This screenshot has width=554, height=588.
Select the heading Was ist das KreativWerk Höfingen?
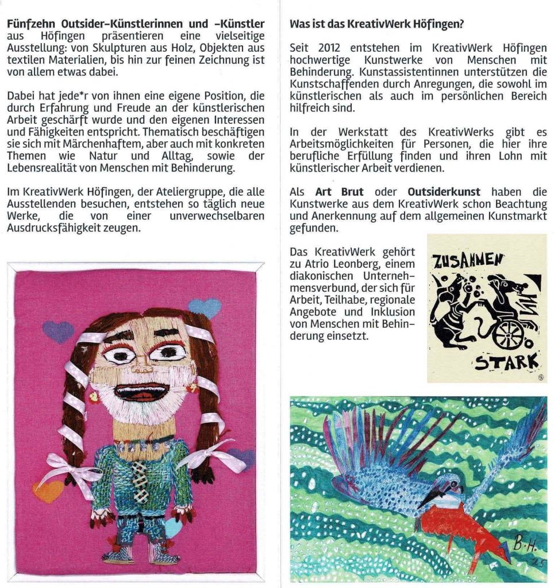pyautogui.click(x=376, y=24)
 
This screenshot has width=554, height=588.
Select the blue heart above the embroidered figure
pyautogui.click(x=204, y=307)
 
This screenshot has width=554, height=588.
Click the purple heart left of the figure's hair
pyautogui.click(x=58, y=331)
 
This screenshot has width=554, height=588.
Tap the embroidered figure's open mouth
pyautogui.click(x=140, y=393)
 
